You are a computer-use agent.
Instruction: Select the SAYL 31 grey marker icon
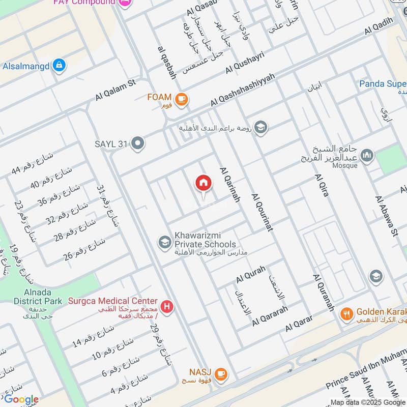point(137,144)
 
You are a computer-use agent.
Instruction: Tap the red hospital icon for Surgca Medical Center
point(166,307)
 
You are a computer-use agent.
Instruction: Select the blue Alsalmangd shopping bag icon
point(60,66)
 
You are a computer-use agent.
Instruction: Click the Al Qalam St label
point(117,90)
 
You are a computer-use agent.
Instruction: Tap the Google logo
point(21,399)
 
